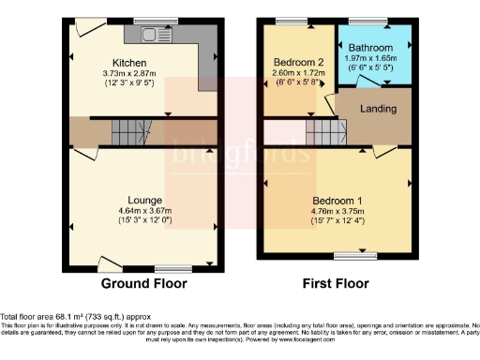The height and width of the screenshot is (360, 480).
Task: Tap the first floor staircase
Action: pyautogui.click(x=319, y=134)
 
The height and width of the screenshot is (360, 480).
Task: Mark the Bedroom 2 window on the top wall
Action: pyautogui.click(x=293, y=21)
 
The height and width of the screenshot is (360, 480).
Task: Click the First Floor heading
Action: pyautogui.click(x=337, y=283)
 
